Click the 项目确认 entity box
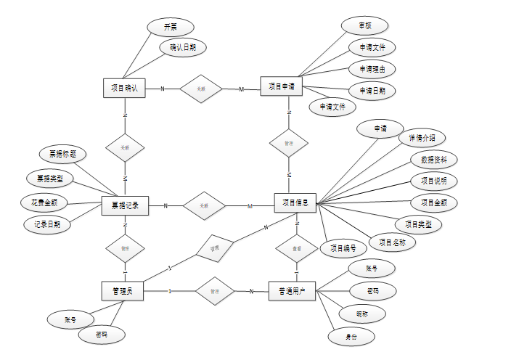coord(125,88)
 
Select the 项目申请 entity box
coord(281,86)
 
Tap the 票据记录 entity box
coord(125,206)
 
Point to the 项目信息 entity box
coord(295,204)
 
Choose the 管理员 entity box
coord(122,291)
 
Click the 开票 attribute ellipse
coord(171,26)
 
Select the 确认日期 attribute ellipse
coord(183,47)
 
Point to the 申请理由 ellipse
coord(372,69)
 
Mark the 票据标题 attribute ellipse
coord(63,154)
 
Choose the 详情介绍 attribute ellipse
coord(422,137)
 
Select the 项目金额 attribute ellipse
coord(434,202)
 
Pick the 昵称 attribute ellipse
coord(361,314)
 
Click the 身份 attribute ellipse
coord(350,337)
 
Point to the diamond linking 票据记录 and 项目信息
coord(205,206)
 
